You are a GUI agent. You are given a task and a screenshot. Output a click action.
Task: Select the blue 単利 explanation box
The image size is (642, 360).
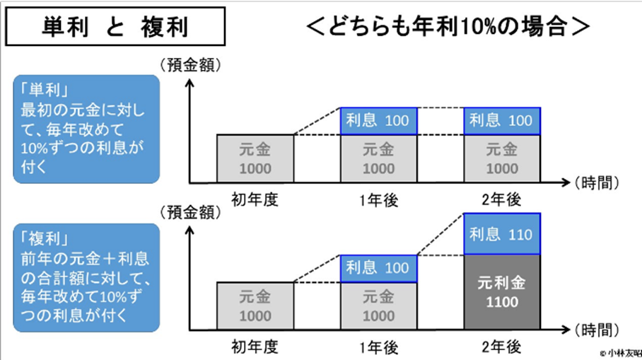coord(86,130)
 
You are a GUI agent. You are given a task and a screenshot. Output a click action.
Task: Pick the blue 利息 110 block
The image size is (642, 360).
coord(502,234)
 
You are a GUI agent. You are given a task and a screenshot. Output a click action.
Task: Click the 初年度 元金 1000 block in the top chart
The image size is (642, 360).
coord(255,158)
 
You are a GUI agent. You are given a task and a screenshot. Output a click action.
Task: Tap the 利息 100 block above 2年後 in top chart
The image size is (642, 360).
coord(502,121)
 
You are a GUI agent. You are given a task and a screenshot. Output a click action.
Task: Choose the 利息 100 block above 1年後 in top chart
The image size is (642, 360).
coord(378,121)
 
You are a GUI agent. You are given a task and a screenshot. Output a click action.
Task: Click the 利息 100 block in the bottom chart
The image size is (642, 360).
coord(378,269)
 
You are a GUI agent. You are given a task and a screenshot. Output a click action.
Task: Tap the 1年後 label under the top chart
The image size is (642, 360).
coord(378,201)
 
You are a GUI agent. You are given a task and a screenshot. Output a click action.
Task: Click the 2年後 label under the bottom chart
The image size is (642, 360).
coord(502,347)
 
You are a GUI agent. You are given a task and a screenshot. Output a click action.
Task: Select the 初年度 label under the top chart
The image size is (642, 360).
coord(255,200)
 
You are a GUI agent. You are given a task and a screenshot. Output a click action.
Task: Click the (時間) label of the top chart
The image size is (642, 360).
coord(598,182)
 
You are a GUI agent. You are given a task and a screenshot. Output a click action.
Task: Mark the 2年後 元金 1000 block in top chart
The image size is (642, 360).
coord(502,158)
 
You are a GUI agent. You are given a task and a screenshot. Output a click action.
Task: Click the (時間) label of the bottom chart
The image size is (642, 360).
coord(598,330)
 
